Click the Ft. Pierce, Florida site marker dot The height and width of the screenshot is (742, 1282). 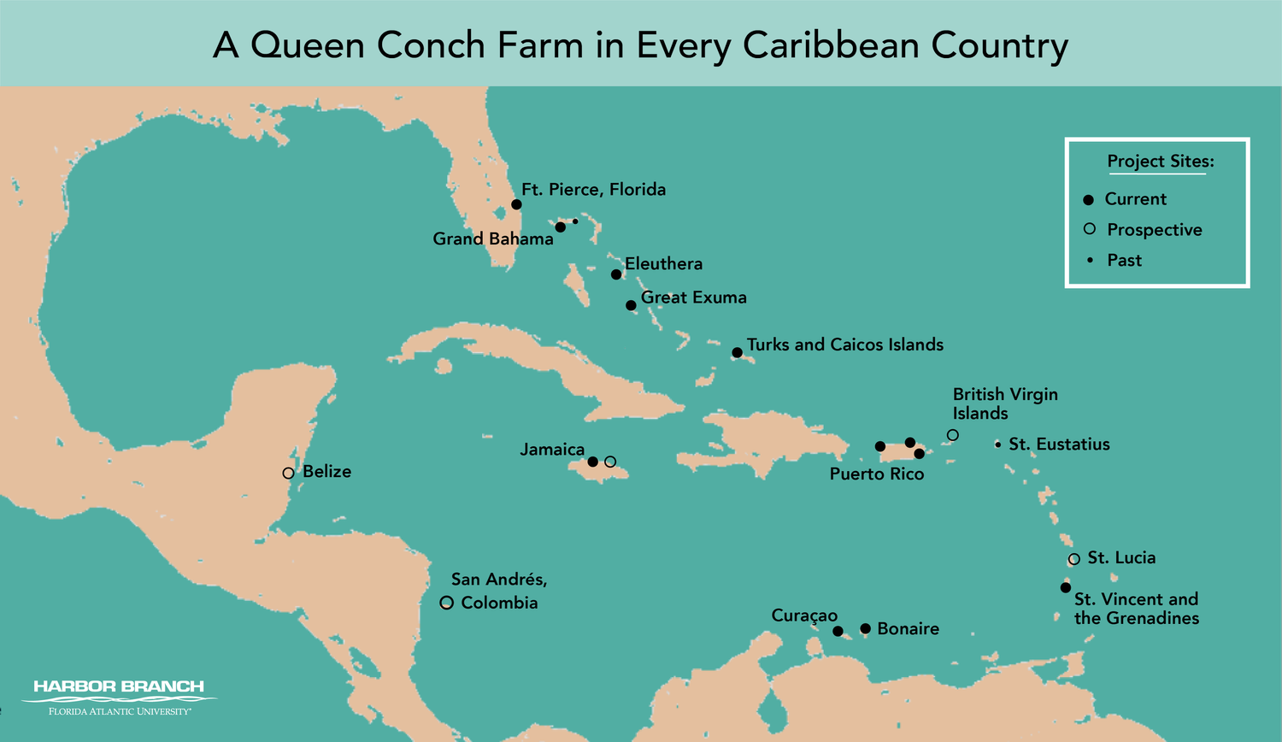tap(516, 204)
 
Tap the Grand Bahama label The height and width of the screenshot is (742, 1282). tap(492, 239)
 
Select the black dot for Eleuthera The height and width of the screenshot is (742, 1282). tap(616, 274)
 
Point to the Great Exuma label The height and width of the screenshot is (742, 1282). tap(693, 297)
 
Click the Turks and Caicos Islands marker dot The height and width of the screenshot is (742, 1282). tap(737, 352)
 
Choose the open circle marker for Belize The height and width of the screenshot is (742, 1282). tap(288, 473)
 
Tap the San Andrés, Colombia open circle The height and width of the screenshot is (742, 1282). tap(446, 603)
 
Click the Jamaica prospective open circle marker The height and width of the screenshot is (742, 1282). tap(610, 462)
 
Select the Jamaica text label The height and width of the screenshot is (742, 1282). tap(552, 450)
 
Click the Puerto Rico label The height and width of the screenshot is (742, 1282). tap(876, 474)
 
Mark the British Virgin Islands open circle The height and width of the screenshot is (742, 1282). tap(953, 435)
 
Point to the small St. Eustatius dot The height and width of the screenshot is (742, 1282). tap(997, 445)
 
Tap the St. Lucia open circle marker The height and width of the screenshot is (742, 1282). tap(1074, 559)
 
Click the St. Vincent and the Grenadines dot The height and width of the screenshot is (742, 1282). tap(1066, 587)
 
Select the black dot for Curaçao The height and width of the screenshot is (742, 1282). tap(838, 631)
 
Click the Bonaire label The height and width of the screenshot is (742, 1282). tap(908, 629)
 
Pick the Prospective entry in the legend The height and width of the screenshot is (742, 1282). tap(1154, 230)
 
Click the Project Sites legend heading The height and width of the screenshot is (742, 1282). tap(1160, 162)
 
